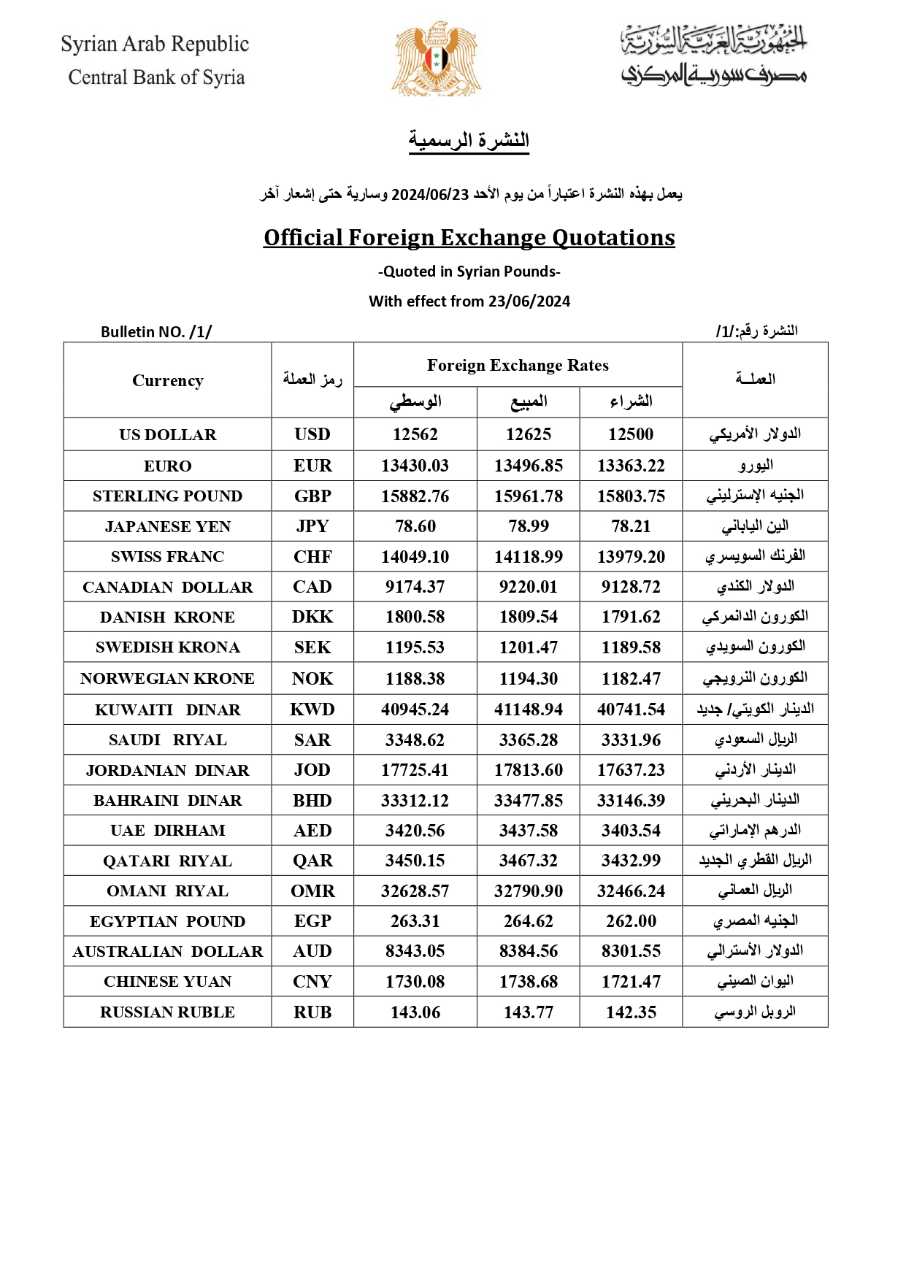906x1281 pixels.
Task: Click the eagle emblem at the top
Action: [437, 58]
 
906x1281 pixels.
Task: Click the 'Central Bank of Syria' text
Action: [156, 77]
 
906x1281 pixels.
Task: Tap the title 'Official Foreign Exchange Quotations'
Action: [469, 238]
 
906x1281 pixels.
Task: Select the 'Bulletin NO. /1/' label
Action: [156, 332]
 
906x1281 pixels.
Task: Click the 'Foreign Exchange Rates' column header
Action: [518, 365]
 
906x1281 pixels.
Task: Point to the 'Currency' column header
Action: [168, 380]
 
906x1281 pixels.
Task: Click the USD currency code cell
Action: [312, 434]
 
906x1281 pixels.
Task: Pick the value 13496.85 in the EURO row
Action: [529, 466]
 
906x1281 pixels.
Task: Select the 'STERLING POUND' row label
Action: [168, 496]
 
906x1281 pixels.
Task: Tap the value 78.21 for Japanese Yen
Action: [631, 526]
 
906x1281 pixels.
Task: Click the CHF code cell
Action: [312, 557]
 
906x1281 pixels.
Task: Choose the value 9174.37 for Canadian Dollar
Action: [415, 587]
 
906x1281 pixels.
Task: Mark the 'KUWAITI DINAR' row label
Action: [168, 709]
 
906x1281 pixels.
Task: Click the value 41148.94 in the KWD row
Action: [529, 709]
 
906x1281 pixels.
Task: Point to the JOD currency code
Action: [312, 770]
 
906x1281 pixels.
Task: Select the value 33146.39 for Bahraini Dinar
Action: [631, 801]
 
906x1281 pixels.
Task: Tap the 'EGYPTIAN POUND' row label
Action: [168, 921]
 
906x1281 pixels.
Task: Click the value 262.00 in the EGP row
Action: [631, 921]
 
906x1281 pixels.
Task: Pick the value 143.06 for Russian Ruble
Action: [415, 1012]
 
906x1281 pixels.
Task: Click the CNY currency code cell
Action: [312, 982]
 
